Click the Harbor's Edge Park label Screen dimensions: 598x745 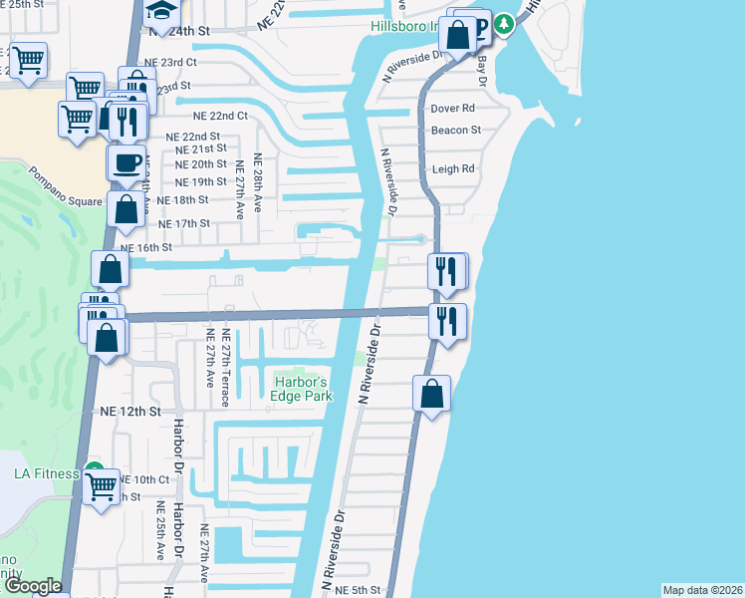[x=300, y=389]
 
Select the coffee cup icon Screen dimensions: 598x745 [x=126, y=163]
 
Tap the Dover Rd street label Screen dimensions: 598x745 [x=452, y=109]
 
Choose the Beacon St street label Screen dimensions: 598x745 [x=455, y=131]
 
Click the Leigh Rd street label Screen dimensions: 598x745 [x=453, y=169]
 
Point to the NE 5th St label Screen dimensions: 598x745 [x=360, y=591]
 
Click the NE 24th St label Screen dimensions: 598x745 [x=180, y=32]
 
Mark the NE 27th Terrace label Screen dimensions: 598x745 [x=226, y=368]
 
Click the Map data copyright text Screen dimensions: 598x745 [x=701, y=590]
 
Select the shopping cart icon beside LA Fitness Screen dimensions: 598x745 [x=102, y=488]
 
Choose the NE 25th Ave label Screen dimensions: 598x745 [x=160, y=538]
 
